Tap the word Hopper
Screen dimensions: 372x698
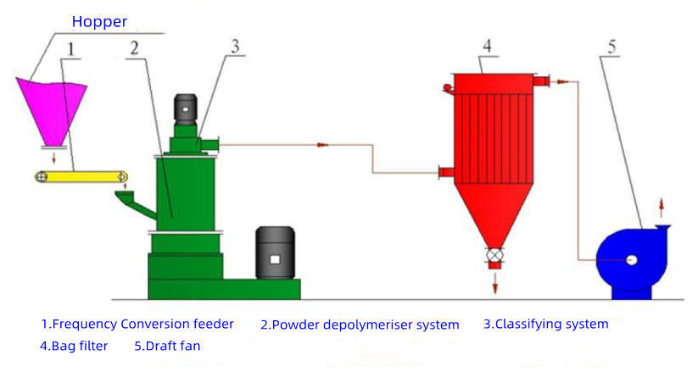[x=99, y=21]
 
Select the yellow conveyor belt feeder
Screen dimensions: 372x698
[x=81, y=176]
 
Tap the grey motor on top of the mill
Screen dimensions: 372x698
[x=185, y=108]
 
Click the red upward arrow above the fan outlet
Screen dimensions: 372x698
[x=662, y=206]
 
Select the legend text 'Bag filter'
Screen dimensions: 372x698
[x=74, y=346]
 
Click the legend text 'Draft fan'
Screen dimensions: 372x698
[x=167, y=346]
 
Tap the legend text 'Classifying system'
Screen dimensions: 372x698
[x=545, y=324]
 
